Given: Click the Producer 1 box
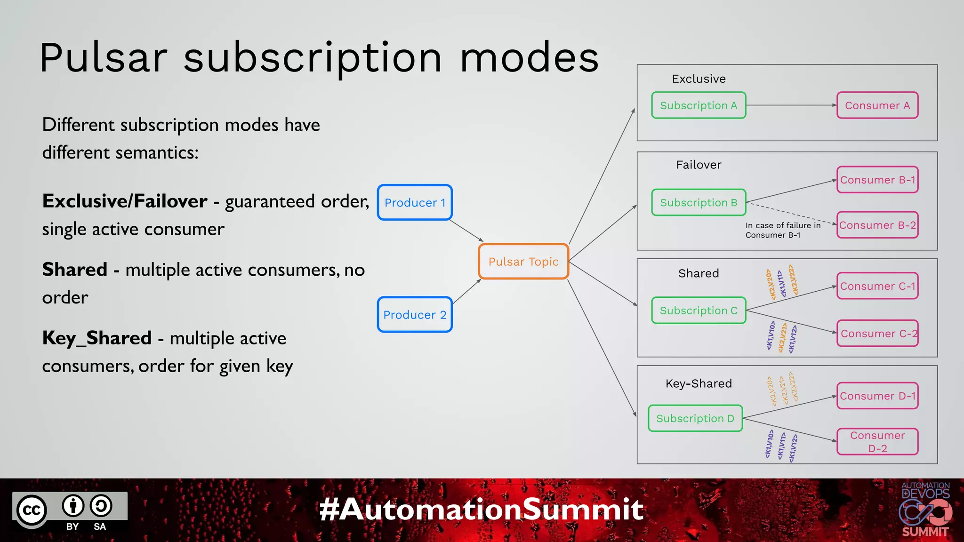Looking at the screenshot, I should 415,202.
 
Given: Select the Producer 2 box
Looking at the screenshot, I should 415,314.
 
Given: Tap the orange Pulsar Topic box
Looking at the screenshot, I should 523,262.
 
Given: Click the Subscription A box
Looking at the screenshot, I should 699,105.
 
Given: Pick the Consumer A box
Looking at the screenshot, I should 877,105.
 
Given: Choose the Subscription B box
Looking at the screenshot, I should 699,202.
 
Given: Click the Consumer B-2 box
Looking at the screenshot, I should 877,225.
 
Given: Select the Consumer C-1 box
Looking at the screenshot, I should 877,286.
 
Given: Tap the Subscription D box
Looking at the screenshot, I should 695,418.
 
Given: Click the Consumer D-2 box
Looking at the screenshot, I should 877,442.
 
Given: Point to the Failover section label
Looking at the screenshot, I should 699,165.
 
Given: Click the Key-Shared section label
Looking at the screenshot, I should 699,383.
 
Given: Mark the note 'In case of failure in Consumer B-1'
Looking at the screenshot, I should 782,230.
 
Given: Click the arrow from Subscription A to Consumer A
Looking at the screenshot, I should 791,105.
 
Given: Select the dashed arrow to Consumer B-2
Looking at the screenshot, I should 791,213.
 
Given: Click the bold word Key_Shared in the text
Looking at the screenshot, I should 97,338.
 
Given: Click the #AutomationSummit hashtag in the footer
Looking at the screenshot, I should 481,510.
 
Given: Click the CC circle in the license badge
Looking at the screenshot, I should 32,510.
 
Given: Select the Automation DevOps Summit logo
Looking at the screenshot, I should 925,510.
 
